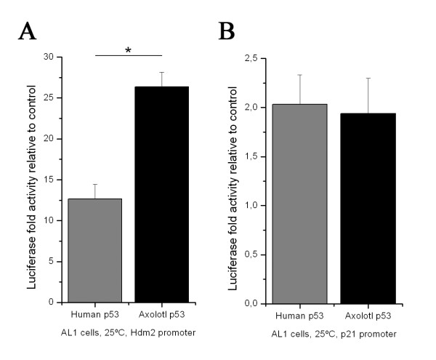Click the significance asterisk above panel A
(x=128, y=49)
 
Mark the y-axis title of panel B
(x=233, y=180)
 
